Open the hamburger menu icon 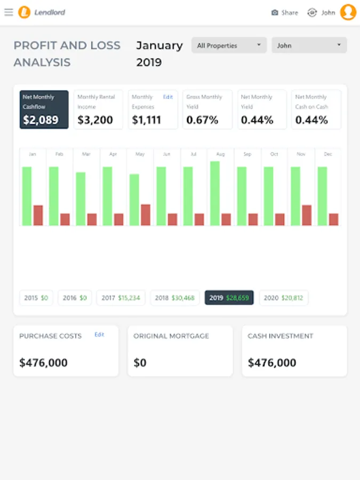(x=9, y=12)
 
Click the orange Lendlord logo (x=24, y=12)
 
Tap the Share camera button (x=284, y=12)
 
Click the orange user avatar (x=348, y=12)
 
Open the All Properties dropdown (x=229, y=45)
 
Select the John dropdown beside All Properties (x=309, y=45)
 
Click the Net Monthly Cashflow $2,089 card (x=44, y=109)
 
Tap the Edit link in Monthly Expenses (x=168, y=97)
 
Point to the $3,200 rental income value (x=95, y=120)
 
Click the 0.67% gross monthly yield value (x=202, y=120)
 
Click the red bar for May (x=146, y=214)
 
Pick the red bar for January (x=38, y=215)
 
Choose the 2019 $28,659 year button (x=229, y=298)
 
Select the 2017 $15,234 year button (x=121, y=298)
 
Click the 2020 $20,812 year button (x=283, y=298)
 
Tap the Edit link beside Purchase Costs (x=100, y=334)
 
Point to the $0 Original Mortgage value (x=140, y=363)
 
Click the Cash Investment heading (x=281, y=336)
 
